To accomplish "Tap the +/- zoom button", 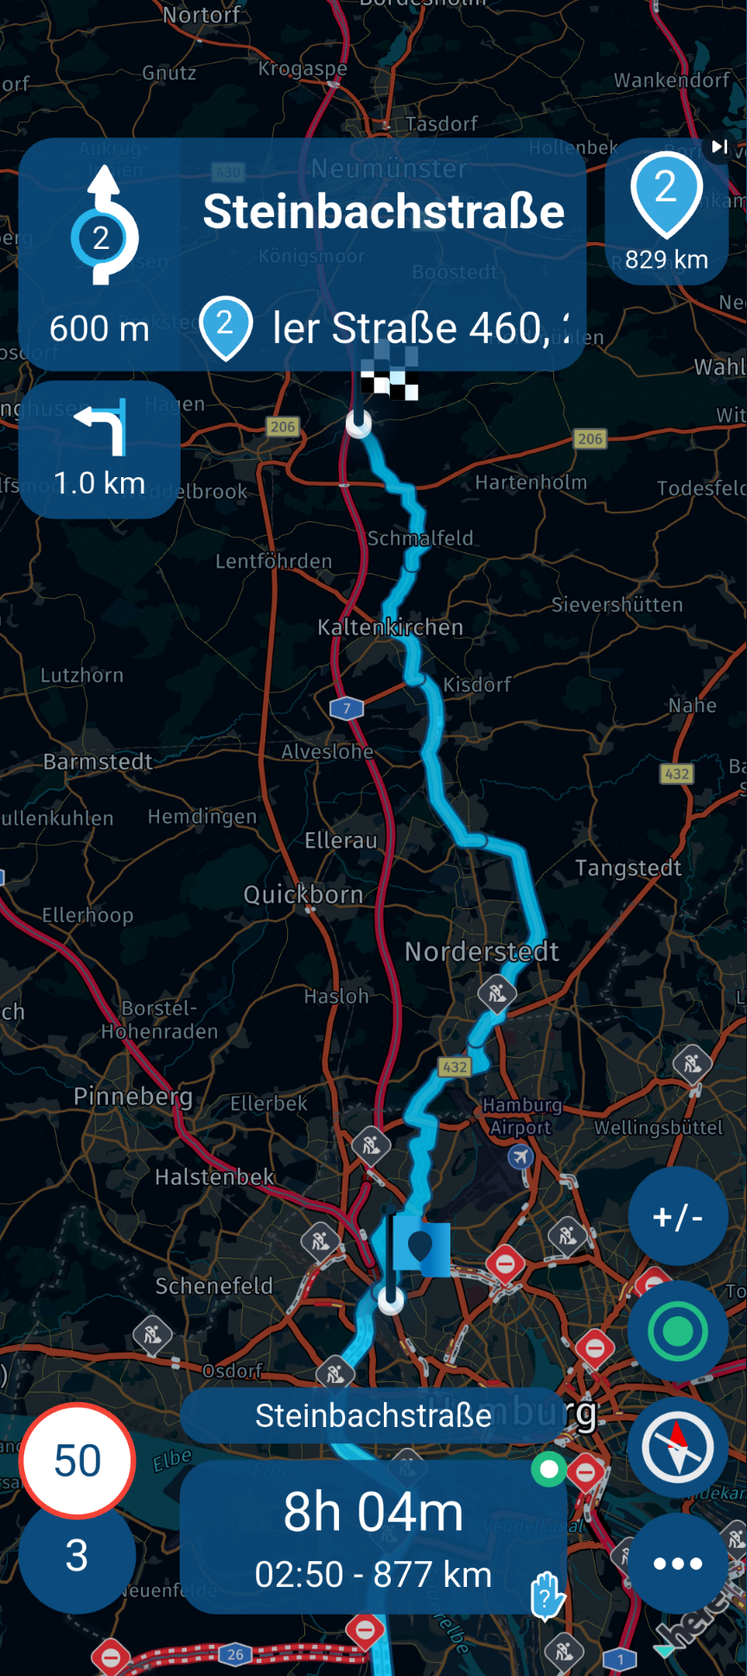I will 677,1216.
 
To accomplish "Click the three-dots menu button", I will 677,1564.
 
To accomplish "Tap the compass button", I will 677,1447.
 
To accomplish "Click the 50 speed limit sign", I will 77,1461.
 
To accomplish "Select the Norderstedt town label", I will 482,952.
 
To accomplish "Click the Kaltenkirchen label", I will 390,628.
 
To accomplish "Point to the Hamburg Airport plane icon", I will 520,1156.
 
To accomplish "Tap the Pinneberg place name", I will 133,1096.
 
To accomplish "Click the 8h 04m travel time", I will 373,1513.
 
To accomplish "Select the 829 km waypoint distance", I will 667,259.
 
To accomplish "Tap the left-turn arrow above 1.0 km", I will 102,427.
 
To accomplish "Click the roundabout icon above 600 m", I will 103,226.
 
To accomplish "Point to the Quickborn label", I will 303,895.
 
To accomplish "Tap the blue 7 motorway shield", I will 347,709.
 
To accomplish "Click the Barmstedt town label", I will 98,762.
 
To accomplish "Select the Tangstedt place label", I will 629,868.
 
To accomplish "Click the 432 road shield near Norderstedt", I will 455,1067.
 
